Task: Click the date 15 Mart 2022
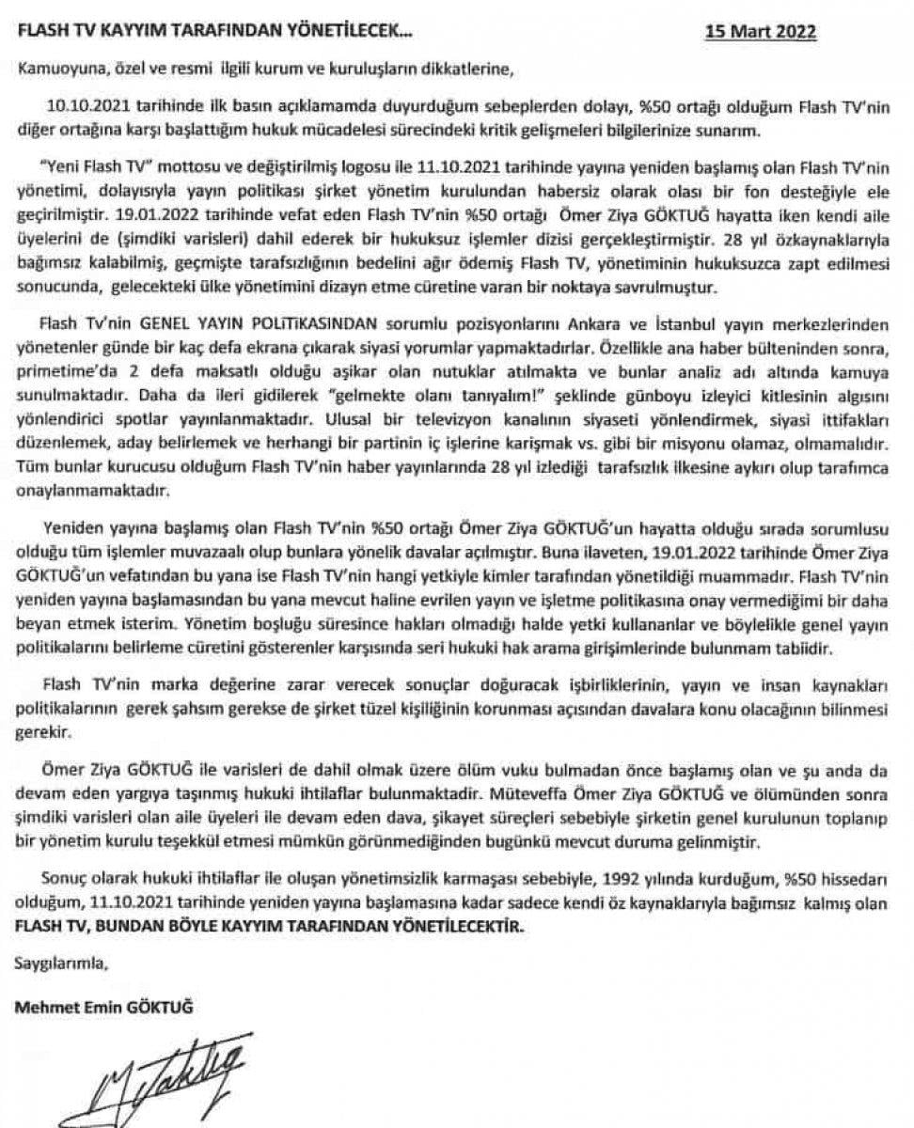coord(762,29)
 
